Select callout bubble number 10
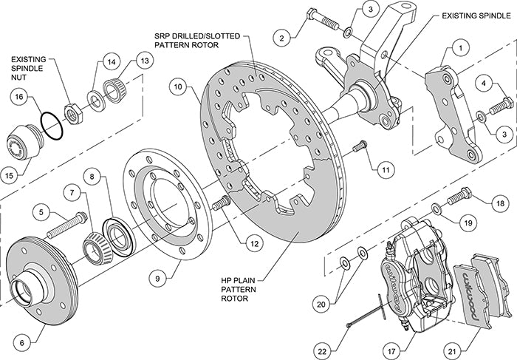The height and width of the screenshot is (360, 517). tap(178, 86)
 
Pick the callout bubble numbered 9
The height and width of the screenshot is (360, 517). tap(156, 278)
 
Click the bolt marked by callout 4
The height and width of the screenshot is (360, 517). tap(500, 106)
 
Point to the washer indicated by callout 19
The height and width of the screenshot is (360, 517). tap(437, 190)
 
